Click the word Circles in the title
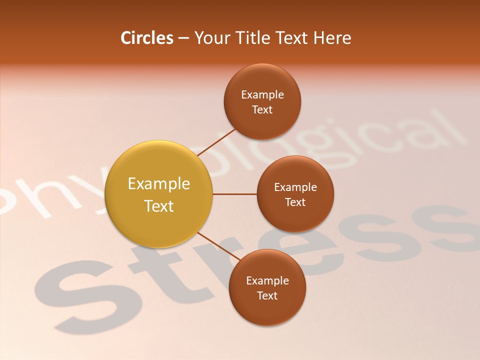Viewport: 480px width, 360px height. point(147,38)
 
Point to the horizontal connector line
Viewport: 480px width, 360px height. point(235,194)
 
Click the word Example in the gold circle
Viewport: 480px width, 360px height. point(159,184)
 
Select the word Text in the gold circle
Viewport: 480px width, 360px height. point(159,206)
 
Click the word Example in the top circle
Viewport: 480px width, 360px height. point(262,94)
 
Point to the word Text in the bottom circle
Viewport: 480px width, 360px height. point(267,295)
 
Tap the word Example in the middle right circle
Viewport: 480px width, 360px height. point(295,187)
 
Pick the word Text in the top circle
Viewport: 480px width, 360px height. point(262,109)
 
